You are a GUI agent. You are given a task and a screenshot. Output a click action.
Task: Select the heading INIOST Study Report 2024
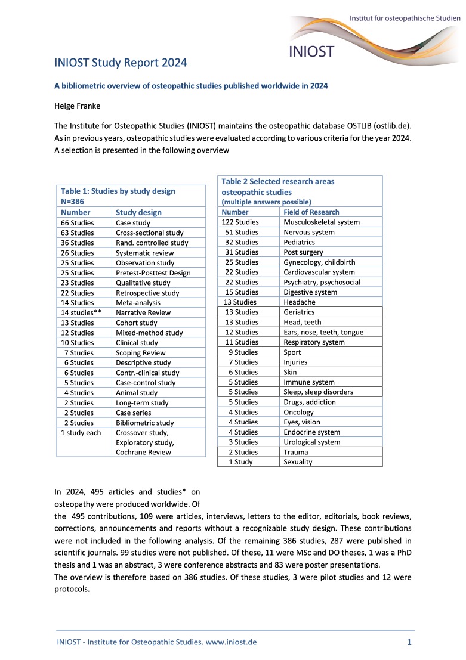[x=121, y=63]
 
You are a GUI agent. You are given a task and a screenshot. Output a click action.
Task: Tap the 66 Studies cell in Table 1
[x=78, y=222]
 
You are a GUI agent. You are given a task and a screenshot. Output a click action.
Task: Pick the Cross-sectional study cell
[x=149, y=233]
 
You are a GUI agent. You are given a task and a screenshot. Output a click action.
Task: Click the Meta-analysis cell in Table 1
[x=138, y=302]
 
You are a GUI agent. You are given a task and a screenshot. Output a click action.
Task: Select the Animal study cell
[x=137, y=392]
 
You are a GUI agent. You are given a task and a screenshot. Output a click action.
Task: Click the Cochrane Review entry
[x=143, y=452]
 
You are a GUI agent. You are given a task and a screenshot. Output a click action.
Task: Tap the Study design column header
[x=138, y=212]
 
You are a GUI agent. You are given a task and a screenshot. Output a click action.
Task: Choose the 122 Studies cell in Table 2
[x=240, y=222]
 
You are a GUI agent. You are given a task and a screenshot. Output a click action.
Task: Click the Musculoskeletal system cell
[x=322, y=222]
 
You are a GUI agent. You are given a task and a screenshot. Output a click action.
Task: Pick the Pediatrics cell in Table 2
[x=299, y=242]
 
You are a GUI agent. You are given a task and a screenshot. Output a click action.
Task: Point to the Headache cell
[x=300, y=302]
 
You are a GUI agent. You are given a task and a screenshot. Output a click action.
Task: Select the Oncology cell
[x=299, y=412]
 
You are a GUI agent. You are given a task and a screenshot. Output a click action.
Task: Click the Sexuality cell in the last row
[x=298, y=462]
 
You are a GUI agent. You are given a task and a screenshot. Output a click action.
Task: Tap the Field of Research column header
[x=311, y=212]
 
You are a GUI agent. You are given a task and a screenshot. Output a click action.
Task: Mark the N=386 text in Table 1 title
[x=72, y=202]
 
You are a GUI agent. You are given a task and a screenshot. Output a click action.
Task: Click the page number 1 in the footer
[x=409, y=642]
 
